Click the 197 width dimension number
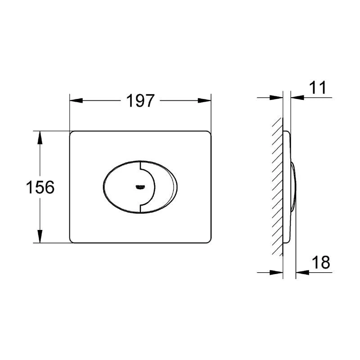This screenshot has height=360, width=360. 140,101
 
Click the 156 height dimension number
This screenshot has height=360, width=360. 40,187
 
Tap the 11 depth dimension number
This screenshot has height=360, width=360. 318,87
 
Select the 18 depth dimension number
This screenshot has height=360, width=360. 321,262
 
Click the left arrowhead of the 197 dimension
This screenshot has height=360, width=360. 76,100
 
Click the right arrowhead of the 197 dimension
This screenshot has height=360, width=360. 204,100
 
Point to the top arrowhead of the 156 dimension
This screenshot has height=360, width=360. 40,138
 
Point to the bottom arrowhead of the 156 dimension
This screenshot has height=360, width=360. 40,236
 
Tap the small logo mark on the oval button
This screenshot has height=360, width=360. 140,187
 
